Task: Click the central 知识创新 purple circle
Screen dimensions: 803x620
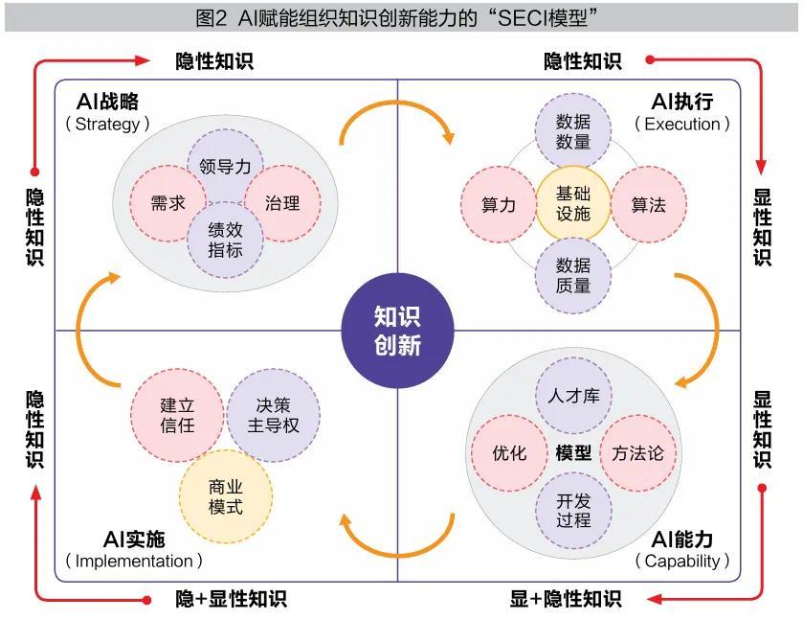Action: coord(397,331)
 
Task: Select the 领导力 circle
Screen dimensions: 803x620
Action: coord(225,165)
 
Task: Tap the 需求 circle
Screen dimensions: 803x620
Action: coord(168,203)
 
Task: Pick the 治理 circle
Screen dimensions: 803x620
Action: coord(282,203)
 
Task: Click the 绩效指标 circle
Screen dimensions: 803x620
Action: coord(225,240)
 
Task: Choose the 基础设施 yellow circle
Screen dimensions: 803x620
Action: coord(573,203)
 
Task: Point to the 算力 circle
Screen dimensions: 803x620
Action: coord(499,204)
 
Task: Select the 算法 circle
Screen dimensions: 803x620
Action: coord(649,204)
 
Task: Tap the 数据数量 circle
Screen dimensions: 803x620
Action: coord(573,131)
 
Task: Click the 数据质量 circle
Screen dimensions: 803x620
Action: coord(573,275)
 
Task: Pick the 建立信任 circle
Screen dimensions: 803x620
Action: coord(177,415)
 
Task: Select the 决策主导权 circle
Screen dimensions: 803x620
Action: coord(274,415)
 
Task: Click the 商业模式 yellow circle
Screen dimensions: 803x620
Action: coord(226,496)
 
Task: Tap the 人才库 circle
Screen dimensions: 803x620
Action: coord(573,396)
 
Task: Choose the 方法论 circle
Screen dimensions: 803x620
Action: coord(638,453)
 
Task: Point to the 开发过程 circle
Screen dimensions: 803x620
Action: coord(573,510)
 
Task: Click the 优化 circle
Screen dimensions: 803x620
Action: coord(509,453)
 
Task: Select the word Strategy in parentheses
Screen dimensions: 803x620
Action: coord(107,125)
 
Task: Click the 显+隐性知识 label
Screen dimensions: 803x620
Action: coord(566,599)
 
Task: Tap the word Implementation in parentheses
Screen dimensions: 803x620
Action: coord(134,561)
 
